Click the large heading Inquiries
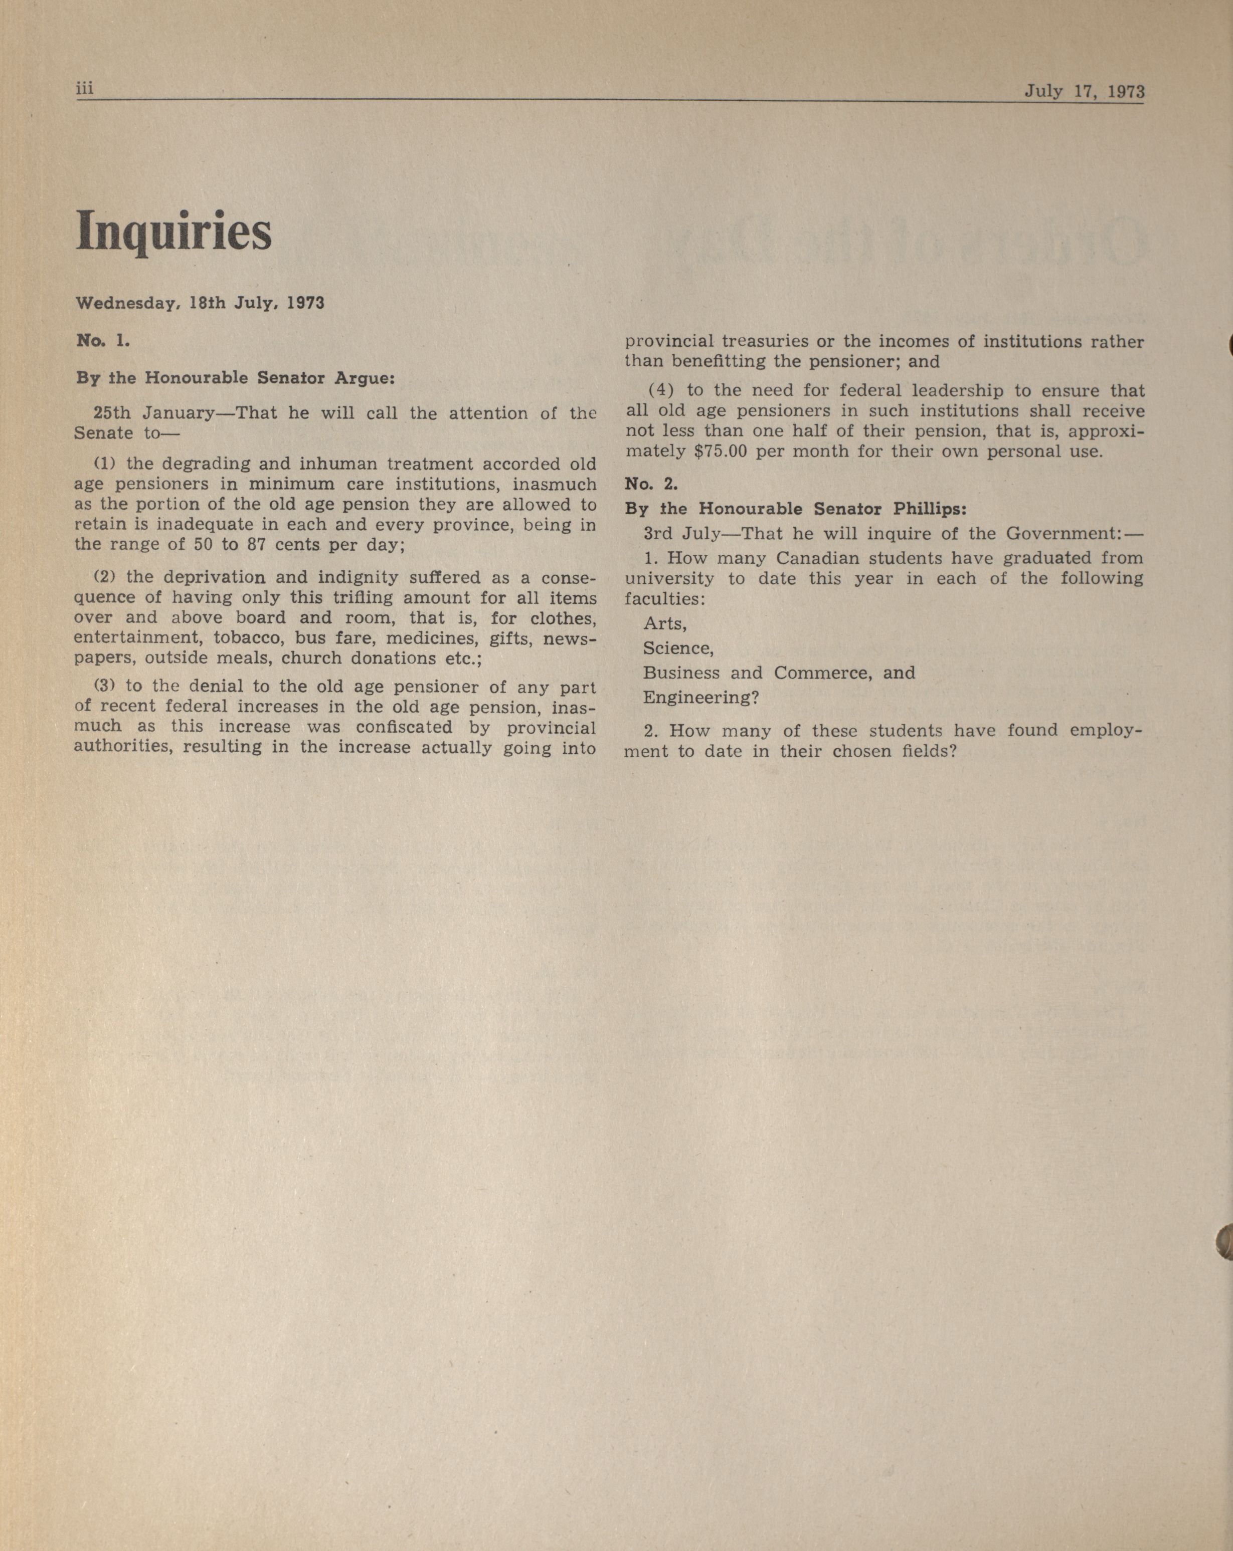pos(173,232)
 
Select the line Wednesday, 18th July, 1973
pos(200,303)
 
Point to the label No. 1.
pos(102,341)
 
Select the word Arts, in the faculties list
pos(664,624)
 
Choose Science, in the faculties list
pos(678,648)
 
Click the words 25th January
pos(154,413)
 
